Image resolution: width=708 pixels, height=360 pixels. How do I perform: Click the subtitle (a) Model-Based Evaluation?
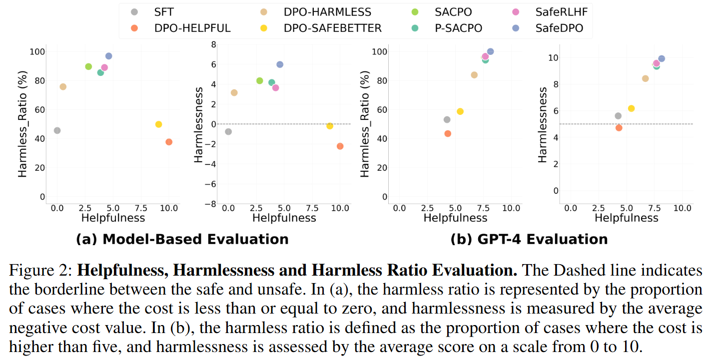[182, 239]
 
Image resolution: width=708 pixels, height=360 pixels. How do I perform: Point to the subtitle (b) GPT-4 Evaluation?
[529, 239]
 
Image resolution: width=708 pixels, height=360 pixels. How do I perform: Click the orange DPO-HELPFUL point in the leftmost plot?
[169, 142]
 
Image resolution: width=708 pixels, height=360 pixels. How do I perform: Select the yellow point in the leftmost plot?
[158, 124]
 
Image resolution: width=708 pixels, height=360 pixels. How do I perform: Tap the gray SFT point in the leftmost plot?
[57, 130]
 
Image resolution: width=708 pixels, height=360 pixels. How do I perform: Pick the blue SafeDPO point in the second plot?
[280, 64]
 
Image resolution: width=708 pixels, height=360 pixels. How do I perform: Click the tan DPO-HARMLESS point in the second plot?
[234, 93]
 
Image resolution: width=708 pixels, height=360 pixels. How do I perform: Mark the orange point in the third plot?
[448, 133]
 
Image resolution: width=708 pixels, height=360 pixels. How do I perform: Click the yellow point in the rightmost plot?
[631, 108]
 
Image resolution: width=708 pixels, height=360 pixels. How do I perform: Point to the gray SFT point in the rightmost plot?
[618, 116]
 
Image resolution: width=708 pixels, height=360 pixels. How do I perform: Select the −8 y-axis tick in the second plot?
[211, 204]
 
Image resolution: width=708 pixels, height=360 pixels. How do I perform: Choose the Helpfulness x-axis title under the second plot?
[284, 218]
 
